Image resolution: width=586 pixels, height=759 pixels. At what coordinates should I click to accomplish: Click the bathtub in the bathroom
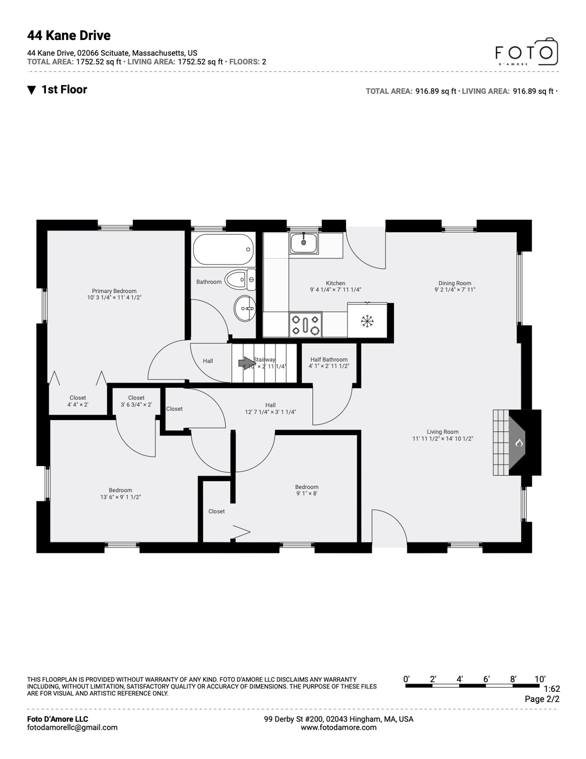pyautogui.click(x=223, y=250)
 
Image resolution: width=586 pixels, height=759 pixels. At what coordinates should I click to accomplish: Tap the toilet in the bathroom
pyautogui.click(x=240, y=280)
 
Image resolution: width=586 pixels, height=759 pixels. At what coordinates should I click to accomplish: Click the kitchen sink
pyautogui.click(x=304, y=243)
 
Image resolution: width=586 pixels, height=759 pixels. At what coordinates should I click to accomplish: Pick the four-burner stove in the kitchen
pyautogui.click(x=306, y=325)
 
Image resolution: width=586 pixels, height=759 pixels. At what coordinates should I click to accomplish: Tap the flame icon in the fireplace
pyautogui.click(x=519, y=443)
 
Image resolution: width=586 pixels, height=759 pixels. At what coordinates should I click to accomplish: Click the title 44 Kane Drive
pyautogui.click(x=69, y=36)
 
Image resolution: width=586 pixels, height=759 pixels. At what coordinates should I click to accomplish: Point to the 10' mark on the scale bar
pyautogui.click(x=540, y=679)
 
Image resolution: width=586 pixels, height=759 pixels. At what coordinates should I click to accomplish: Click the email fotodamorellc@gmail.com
pyautogui.click(x=72, y=727)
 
